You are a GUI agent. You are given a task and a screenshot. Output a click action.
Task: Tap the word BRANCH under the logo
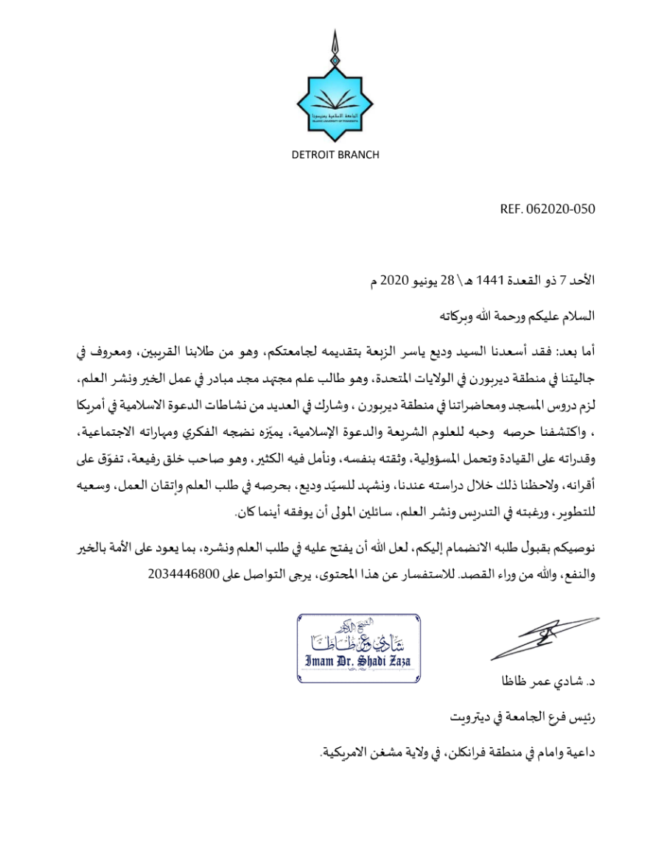tap(357, 155)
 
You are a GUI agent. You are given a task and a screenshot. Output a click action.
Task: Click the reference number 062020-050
tap(561, 209)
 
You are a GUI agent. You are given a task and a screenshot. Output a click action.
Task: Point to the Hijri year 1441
tap(490, 281)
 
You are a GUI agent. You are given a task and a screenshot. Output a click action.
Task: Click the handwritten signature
tap(536, 638)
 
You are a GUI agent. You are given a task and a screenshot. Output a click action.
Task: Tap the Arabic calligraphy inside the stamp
tap(359, 635)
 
